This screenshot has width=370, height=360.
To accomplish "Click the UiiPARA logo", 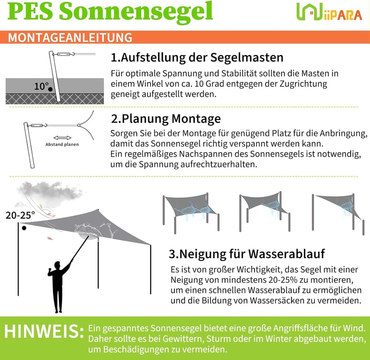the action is [329, 12].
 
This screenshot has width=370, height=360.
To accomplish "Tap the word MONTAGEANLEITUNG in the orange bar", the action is [70, 37].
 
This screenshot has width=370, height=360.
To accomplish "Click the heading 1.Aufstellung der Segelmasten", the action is [197, 57].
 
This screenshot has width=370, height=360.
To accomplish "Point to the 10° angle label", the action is [41, 86].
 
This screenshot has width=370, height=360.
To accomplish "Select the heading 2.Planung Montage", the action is [166, 118].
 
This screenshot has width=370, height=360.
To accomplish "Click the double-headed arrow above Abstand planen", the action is [62, 138].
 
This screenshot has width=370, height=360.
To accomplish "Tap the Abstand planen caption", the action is [62, 144].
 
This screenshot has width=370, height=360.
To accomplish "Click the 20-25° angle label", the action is [20, 215].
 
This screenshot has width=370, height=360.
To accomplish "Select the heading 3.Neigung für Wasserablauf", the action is [247, 254].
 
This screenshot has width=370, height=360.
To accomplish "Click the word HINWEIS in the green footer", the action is [44, 331].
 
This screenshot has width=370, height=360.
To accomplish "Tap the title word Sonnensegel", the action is [136, 12].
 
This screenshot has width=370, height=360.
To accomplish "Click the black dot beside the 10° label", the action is [50, 89].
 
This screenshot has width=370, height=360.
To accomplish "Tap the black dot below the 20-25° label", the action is [24, 228].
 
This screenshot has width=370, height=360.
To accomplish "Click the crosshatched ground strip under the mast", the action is [55, 99].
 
